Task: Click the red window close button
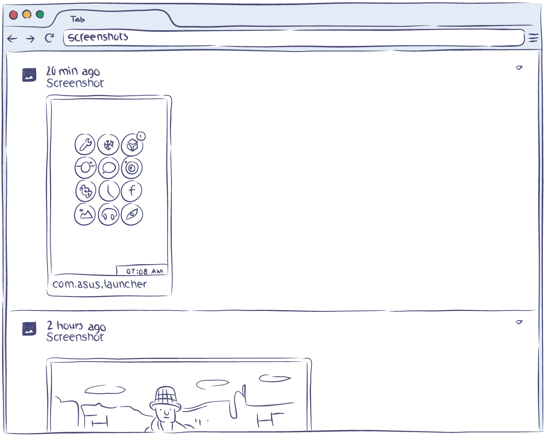coord(14,15)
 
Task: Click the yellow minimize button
coord(27,14)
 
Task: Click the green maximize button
coord(40,14)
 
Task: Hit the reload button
coord(49,38)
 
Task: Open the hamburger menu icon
coord(534,38)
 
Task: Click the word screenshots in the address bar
coord(98,37)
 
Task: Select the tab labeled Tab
coord(77,19)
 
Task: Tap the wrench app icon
coord(85,144)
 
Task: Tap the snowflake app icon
coord(108,145)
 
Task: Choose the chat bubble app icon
coord(108,168)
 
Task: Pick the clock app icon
coord(109,191)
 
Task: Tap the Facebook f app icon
coord(131,191)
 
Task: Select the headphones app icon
coord(108,214)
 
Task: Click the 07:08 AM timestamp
coord(145,271)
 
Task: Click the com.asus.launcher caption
coord(99,284)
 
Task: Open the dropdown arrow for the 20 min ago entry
coord(519,68)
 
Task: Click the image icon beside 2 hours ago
coord(29,329)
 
